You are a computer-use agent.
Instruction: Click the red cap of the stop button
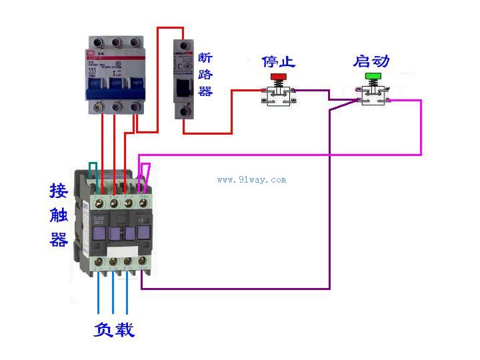(277, 77)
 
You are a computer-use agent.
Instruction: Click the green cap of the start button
(372, 77)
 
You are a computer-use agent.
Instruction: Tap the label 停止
(278, 62)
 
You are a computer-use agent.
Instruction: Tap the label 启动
(371, 62)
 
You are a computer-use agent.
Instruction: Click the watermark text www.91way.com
(251, 179)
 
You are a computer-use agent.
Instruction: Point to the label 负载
(114, 329)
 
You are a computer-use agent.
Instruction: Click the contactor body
(117, 223)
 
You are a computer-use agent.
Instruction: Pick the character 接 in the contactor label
(59, 191)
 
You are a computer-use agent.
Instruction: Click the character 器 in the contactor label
(59, 239)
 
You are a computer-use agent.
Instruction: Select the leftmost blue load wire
(99, 293)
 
